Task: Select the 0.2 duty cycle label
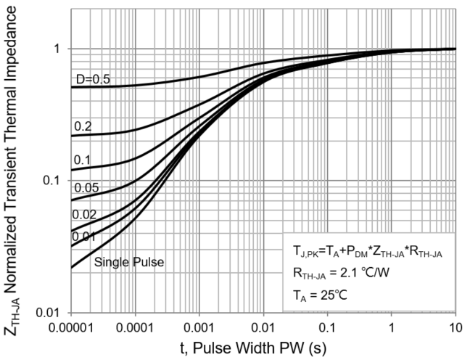82,126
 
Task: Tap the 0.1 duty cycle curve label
82,160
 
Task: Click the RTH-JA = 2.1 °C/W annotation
342,274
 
